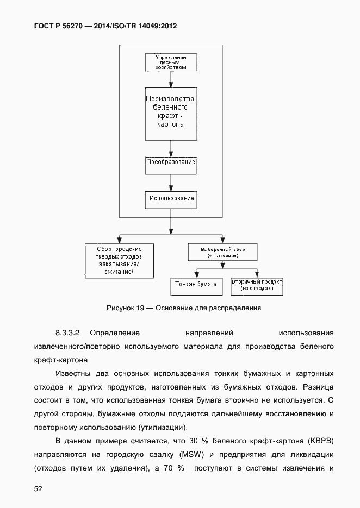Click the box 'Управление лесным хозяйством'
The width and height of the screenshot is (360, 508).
[171, 62]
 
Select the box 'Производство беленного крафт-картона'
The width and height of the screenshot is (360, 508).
[171, 113]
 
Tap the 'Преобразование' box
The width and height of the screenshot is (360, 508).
[171, 162]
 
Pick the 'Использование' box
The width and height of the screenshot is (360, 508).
[171, 199]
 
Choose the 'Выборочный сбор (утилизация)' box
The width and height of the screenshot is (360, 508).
[222, 252]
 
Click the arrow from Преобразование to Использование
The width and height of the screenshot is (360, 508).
[171, 181]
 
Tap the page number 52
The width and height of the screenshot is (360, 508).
[38, 489]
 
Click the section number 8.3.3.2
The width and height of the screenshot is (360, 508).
[67, 333]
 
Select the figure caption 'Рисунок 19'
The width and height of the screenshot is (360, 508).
[125, 308]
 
